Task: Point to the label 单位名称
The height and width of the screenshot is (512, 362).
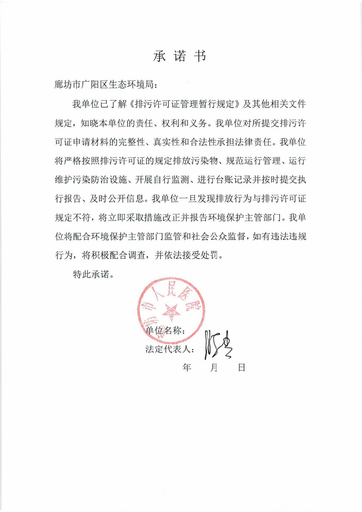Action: point(165,331)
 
